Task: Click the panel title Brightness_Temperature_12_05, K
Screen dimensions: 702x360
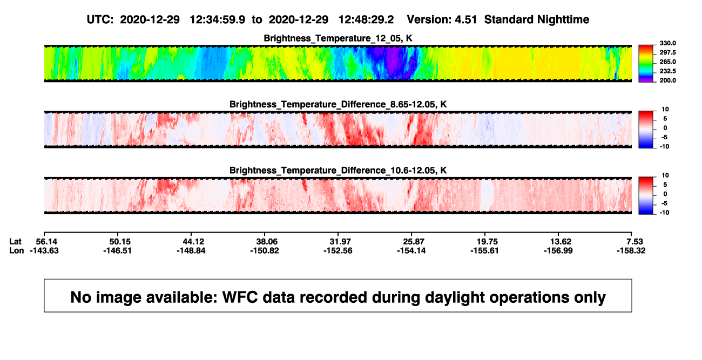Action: tap(338, 38)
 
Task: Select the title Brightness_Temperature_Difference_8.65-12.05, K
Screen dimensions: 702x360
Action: tap(338, 104)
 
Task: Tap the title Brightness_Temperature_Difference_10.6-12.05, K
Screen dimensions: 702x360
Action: tap(338, 171)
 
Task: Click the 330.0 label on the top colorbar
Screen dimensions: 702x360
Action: tap(667, 43)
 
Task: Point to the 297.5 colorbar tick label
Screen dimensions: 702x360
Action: tap(667, 52)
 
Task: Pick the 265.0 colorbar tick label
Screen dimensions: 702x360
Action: tap(667, 62)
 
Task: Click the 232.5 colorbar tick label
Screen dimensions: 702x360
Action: tap(667, 71)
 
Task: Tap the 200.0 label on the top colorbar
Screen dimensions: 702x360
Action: tap(667, 80)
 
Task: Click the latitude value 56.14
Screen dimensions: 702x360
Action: tap(46, 242)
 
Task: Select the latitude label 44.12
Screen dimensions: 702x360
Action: tap(194, 242)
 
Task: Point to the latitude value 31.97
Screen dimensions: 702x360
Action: tap(340, 242)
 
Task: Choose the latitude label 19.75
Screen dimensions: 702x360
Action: tap(487, 242)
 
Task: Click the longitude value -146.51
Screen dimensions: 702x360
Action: tap(118, 250)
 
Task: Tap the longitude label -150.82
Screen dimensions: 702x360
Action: tap(265, 250)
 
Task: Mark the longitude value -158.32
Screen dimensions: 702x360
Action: tap(631, 250)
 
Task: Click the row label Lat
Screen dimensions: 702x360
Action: tap(15, 242)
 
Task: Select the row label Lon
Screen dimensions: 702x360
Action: tap(16, 250)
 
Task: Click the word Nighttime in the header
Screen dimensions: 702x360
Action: tap(563, 20)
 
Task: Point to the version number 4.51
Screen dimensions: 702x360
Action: tap(466, 20)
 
